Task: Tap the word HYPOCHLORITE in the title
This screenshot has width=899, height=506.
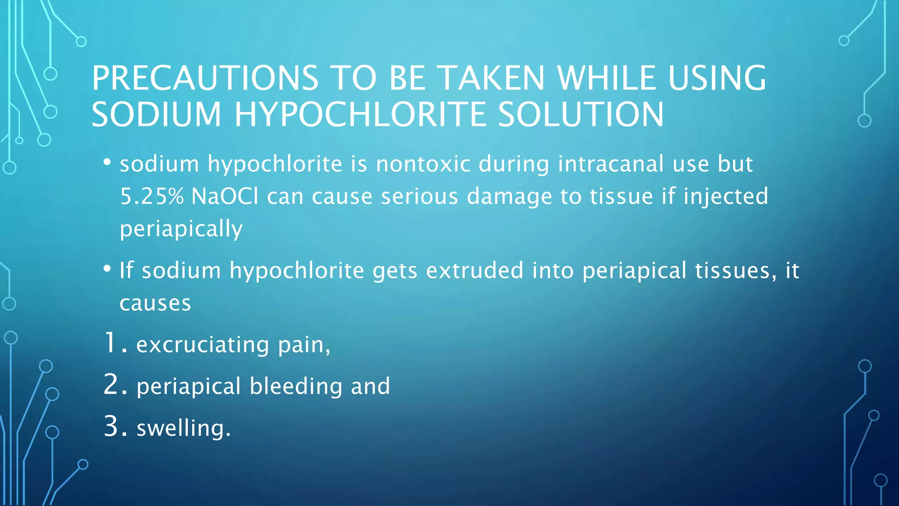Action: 360,115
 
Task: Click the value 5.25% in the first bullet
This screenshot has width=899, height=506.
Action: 151,196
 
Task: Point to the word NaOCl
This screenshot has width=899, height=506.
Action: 225,196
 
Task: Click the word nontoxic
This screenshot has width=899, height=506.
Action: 423,164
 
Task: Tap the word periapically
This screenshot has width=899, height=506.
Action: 181,229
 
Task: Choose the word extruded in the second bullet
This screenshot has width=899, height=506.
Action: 475,270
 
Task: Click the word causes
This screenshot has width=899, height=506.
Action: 155,303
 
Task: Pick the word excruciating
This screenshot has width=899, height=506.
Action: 202,344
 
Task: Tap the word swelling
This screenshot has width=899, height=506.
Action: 183,428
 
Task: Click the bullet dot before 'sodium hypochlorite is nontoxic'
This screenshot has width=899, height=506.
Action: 107,163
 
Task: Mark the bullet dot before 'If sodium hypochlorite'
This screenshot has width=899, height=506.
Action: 107,269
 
